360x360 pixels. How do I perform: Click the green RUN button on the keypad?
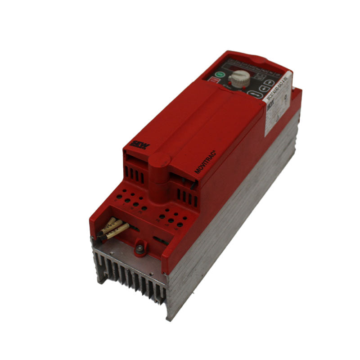220,75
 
